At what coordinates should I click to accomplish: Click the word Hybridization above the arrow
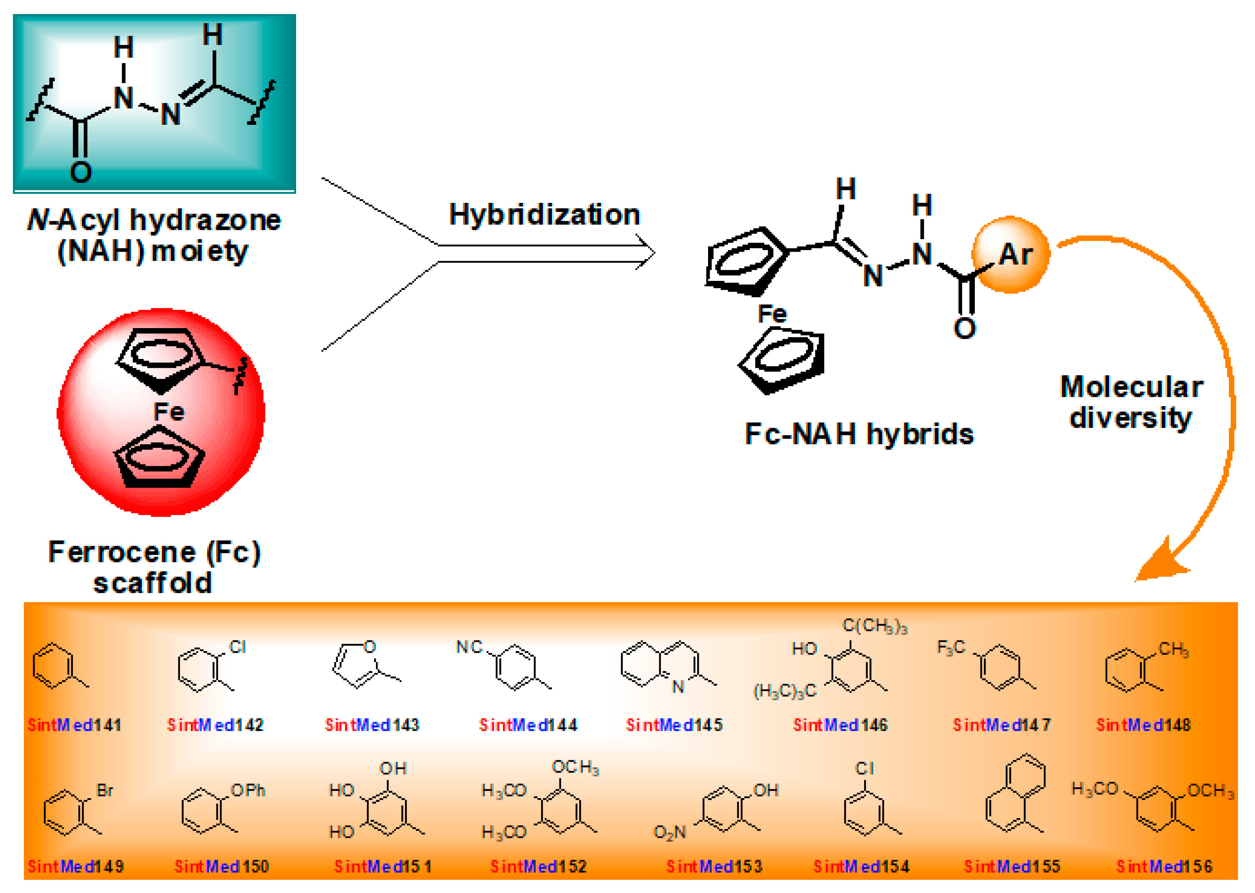click(x=544, y=215)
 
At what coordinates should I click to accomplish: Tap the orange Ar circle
click(x=1010, y=255)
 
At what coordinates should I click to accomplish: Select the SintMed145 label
click(x=674, y=725)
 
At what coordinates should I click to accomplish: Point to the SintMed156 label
click(x=1164, y=866)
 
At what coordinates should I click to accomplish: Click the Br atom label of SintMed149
click(x=105, y=791)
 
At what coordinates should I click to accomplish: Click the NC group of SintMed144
click(x=469, y=647)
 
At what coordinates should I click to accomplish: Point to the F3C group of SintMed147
click(x=951, y=647)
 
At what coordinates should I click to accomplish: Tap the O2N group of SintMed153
click(x=669, y=833)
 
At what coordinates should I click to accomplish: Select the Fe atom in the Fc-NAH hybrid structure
click(x=772, y=314)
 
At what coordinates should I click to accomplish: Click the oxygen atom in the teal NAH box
click(x=81, y=172)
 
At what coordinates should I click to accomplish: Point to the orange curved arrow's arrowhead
click(x=1160, y=566)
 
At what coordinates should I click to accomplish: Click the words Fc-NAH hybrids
click(x=859, y=434)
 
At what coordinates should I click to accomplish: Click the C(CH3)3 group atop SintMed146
click(x=875, y=626)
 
